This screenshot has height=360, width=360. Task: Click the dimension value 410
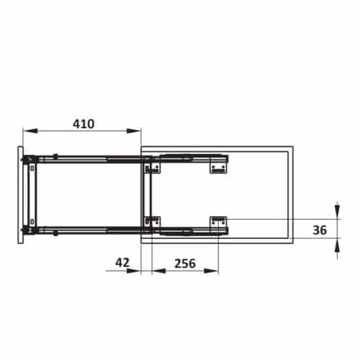(x=84, y=124)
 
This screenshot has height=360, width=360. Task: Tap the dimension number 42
(x=122, y=263)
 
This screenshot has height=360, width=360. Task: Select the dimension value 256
(x=185, y=264)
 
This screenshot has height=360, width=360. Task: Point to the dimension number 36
(x=320, y=230)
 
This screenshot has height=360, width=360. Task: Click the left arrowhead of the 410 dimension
(x=30, y=131)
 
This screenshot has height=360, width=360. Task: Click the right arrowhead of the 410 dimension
(x=134, y=131)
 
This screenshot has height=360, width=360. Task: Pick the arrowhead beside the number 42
(x=133, y=271)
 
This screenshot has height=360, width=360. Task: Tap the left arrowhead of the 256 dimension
(x=159, y=271)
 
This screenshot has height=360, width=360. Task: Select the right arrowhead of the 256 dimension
(x=211, y=271)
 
